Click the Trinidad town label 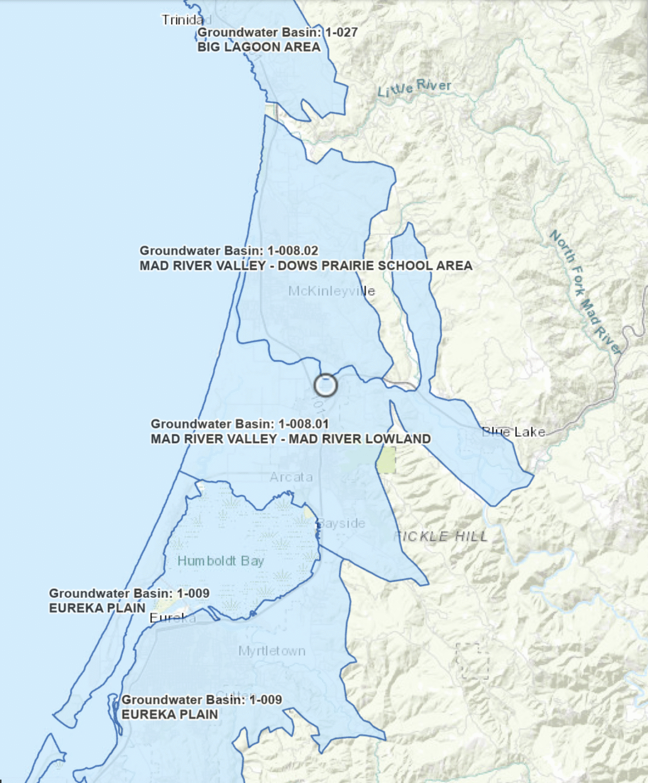[x=183, y=20]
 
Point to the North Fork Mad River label [x=584, y=292]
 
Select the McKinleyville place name [x=331, y=292]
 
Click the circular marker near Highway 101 [x=326, y=386]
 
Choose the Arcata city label [x=291, y=477]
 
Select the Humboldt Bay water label [x=220, y=561]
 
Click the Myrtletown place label [x=272, y=651]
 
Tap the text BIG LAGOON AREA [x=259, y=47]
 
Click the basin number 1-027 [x=341, y=32]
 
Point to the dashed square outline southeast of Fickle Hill [x=472, y=661]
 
